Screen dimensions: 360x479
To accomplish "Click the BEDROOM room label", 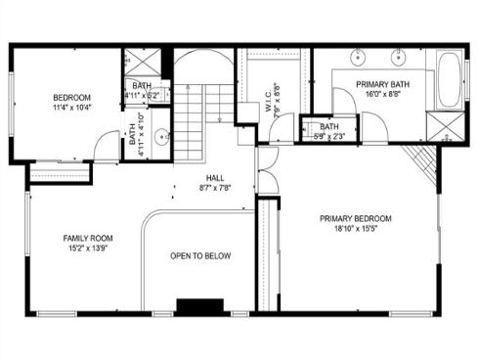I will coord(71,98).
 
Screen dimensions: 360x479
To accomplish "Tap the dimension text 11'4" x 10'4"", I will coord(71,110).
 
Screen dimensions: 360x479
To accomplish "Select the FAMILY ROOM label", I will coord(88,238).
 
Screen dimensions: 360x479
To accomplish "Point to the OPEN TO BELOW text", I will coord(200,256).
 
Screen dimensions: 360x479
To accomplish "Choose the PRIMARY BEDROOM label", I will coord(355,218).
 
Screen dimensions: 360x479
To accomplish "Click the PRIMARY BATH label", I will coord(381,84).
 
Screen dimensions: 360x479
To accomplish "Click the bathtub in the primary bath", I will coord(451,80).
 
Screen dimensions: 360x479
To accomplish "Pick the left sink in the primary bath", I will coord(354,56).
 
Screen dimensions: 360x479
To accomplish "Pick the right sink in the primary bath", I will coord(399,56).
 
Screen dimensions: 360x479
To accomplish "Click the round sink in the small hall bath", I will coord(161,136).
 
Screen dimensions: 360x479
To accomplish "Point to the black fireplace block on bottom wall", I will coord(194,305).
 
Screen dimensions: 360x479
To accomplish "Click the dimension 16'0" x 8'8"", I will coord(381,96).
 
